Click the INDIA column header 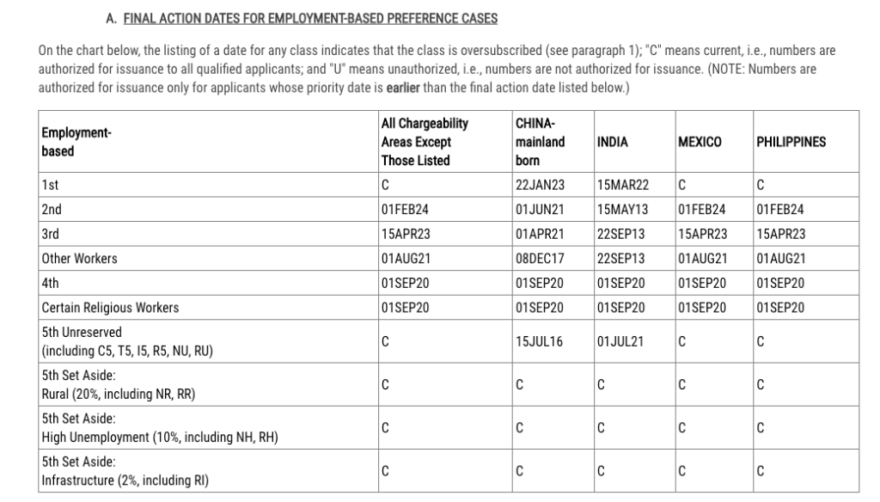pos(612,143)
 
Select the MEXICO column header pos(700,143)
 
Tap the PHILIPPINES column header pos(791,143)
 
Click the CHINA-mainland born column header pos(540,143)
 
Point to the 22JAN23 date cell pos(540,185)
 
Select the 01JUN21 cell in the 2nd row pos(540,209)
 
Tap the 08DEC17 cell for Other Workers pos(540,258)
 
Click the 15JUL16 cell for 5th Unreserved pos(540,341)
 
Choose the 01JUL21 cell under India pos(620,341)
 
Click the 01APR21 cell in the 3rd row pos(540,234)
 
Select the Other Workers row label pos(79,258)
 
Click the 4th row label pos(50,283)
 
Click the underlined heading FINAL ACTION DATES pos(310,18)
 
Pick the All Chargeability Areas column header pos(425,143)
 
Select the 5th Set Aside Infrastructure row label pos(124,471)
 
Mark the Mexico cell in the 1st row pos(682,185)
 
